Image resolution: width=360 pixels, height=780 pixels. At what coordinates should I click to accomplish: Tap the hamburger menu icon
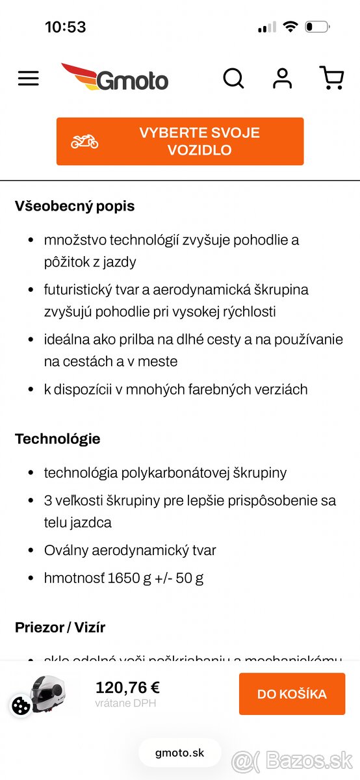coord(29,79)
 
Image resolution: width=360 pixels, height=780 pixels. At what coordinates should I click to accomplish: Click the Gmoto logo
coord(115,78)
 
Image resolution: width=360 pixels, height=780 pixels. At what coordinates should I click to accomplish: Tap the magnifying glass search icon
coord(233,79)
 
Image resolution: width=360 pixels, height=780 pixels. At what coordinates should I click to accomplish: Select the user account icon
coord(282,78)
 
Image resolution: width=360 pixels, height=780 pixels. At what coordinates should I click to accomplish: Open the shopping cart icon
coord(331,78)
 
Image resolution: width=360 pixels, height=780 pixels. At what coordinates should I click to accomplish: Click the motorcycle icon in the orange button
coord(84,141)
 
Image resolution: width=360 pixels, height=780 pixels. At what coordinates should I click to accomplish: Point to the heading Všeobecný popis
coord(75,207)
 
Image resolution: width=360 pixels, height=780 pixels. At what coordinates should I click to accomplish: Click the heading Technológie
coord(57,439)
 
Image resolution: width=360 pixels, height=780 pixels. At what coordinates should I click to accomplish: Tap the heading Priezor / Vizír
coord(60,627)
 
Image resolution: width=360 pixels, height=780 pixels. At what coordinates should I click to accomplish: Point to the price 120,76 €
coord(127,688)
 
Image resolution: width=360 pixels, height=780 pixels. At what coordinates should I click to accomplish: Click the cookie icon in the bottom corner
coord(21,706)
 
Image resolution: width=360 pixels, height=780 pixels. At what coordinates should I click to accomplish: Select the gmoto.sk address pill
coord(179,753)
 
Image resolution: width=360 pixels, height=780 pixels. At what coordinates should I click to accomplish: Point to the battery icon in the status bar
coord(317,27)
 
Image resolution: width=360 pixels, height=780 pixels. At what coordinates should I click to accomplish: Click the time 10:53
coord(65,27)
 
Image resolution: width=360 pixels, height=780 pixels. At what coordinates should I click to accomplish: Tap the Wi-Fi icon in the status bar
coord(290,27)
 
